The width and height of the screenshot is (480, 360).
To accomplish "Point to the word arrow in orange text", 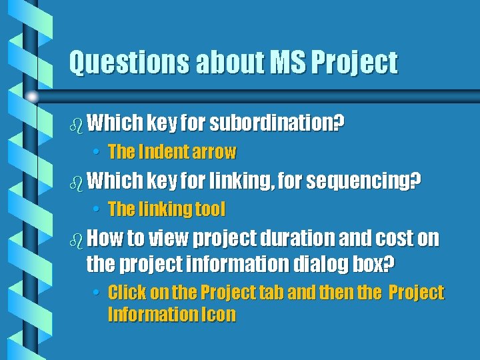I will click(x=214, y=152).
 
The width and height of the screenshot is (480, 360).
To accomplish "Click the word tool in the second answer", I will click(x=210, y=209).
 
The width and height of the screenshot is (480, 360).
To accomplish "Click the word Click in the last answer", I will click(x=128, y=293).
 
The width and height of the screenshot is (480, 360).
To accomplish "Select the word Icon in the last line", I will click(x=219, y=315).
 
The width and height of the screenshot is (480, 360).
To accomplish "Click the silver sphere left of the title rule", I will click(x=31, y=97).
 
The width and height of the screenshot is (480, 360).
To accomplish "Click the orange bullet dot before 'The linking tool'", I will click(x=97, y=210).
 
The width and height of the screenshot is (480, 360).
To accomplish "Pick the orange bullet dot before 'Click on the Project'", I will click(x=97, y=293).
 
